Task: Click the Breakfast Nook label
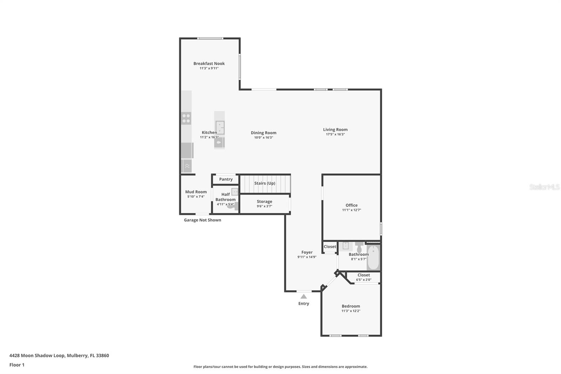click(x=209, y=64)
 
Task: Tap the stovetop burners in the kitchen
click(x=186, y=118)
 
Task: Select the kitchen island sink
click(x=220, y=127)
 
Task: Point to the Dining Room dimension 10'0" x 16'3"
click(x=263, y=138)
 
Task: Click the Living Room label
click(x=335, y=129)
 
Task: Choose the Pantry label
click(x=226, y=179)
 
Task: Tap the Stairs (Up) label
click(x=265, y=183)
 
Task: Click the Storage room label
click(x=264, y=201)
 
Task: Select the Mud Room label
click(x=196, y=192)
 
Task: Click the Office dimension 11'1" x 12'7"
click(x=351, y=210)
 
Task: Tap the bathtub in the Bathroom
click(x=373, y=258)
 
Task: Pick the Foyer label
click(x=307, y=252)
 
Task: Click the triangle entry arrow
click(x=304, y=296)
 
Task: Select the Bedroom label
click(x=351, y=306)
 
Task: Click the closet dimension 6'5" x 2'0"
click(x=364, y=280)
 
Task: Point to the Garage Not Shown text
click(x=202, y=220)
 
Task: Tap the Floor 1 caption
click(x=17, y=365)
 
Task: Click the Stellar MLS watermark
click(x=545, y=187)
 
